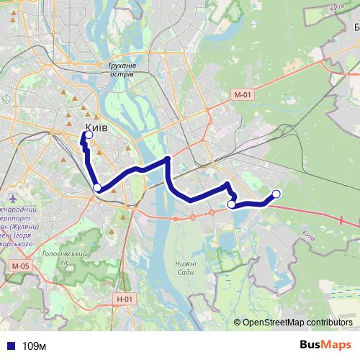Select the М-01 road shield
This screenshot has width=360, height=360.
(243, 94)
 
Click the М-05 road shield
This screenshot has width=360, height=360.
(20, 266)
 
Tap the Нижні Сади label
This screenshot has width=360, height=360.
(185, 267)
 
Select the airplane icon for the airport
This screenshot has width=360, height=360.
(14, 197)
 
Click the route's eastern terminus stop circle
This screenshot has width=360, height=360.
(276, 193)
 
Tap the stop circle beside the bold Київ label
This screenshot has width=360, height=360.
(89, 135)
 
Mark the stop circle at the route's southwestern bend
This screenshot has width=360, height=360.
(97, 189)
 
